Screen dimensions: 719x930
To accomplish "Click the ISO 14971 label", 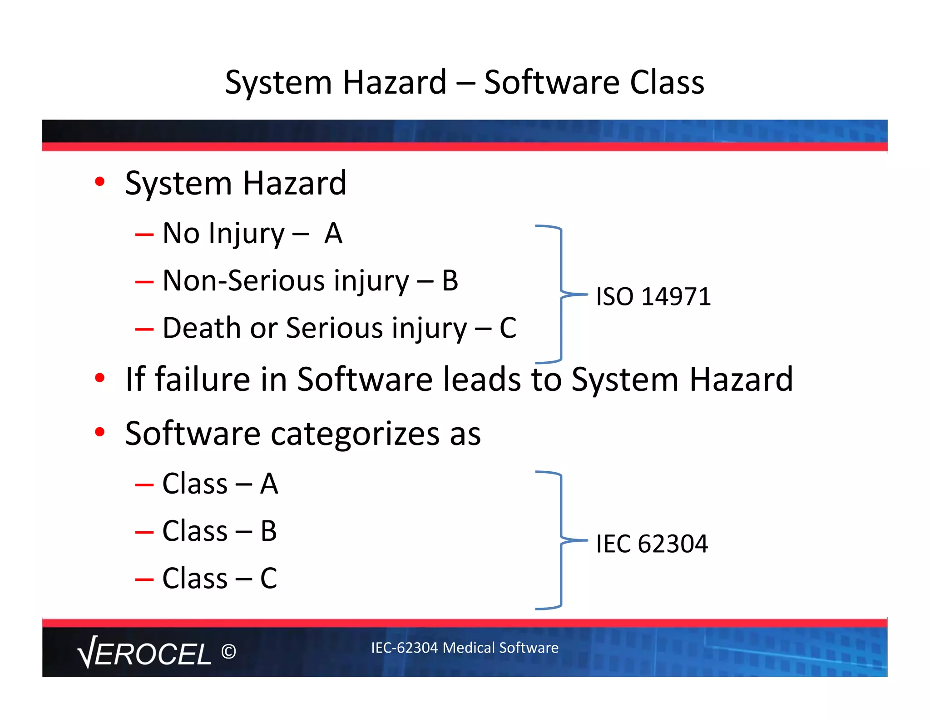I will [x=653, y=297].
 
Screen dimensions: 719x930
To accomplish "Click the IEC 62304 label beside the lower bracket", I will [x=652, y=544].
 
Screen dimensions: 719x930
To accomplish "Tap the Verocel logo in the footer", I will [x=144, y=653].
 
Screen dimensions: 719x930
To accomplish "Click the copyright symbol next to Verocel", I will [x=228, y=652].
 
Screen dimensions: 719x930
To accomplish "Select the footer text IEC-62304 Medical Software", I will [x=465, y=647].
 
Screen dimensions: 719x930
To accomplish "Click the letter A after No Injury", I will [x=333, y=234].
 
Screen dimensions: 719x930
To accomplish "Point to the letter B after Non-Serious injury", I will [x=450, y=281].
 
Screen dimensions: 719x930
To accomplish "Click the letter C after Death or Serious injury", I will [x=508, y=328].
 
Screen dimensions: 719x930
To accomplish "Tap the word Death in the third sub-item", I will [x=202, y=328].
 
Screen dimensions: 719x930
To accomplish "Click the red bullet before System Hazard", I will [x=100, y=182].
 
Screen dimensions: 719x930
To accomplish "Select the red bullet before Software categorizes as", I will [x=100, y=432].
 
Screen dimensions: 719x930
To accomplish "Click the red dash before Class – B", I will [x=144, y=532].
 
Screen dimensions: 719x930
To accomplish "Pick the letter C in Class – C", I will [x=268, y=579].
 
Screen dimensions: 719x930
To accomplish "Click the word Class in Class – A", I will [x=195, y=484].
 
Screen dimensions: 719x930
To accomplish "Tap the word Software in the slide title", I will [x=551, y=83].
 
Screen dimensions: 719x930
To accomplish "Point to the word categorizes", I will [x=355, y=434].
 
